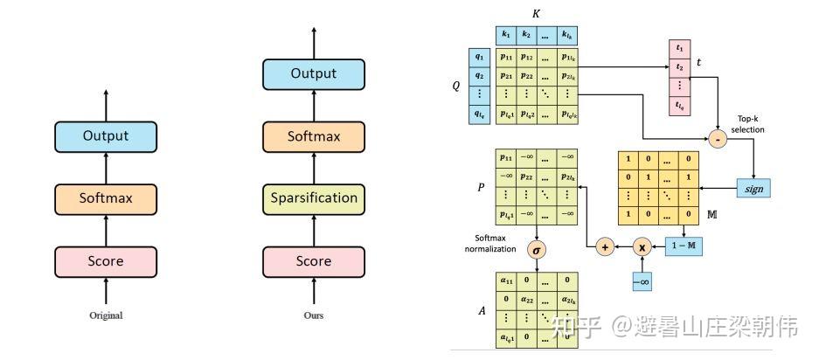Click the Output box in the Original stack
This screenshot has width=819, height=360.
[x=106, y=136]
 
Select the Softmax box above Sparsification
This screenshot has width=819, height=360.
[x=313, y=136]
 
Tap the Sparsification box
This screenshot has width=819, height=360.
[x=313, y=198]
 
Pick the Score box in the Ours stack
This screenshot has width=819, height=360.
[x=313, y=260]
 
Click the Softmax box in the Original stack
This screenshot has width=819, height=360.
[x=106, y=198]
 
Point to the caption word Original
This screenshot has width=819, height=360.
[x=106, y=315]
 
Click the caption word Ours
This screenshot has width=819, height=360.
[x=313, y=315]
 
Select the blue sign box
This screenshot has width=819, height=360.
[x=753, y=187]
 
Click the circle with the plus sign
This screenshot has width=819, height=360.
[x=604, y=247]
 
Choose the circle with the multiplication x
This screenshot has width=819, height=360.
[x=643, y=247]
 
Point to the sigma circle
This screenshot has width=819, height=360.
[x=538, y=249]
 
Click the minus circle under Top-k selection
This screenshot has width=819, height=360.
[x=717, y=139]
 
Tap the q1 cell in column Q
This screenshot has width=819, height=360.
[x=479, y=56]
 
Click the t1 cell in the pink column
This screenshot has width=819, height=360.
[x=678, y=46]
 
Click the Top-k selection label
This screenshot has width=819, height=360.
[x=746, y=124]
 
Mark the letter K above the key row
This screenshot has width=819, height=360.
[x=536, y=14]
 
